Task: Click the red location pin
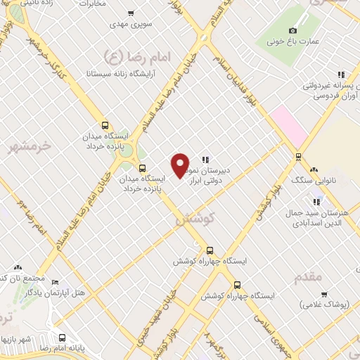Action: [181, 165]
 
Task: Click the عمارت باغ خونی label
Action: [293, 41]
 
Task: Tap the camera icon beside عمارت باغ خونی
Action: [293, 30]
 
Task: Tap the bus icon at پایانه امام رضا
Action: [62, 337]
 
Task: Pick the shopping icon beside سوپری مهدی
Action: [130, 13]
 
